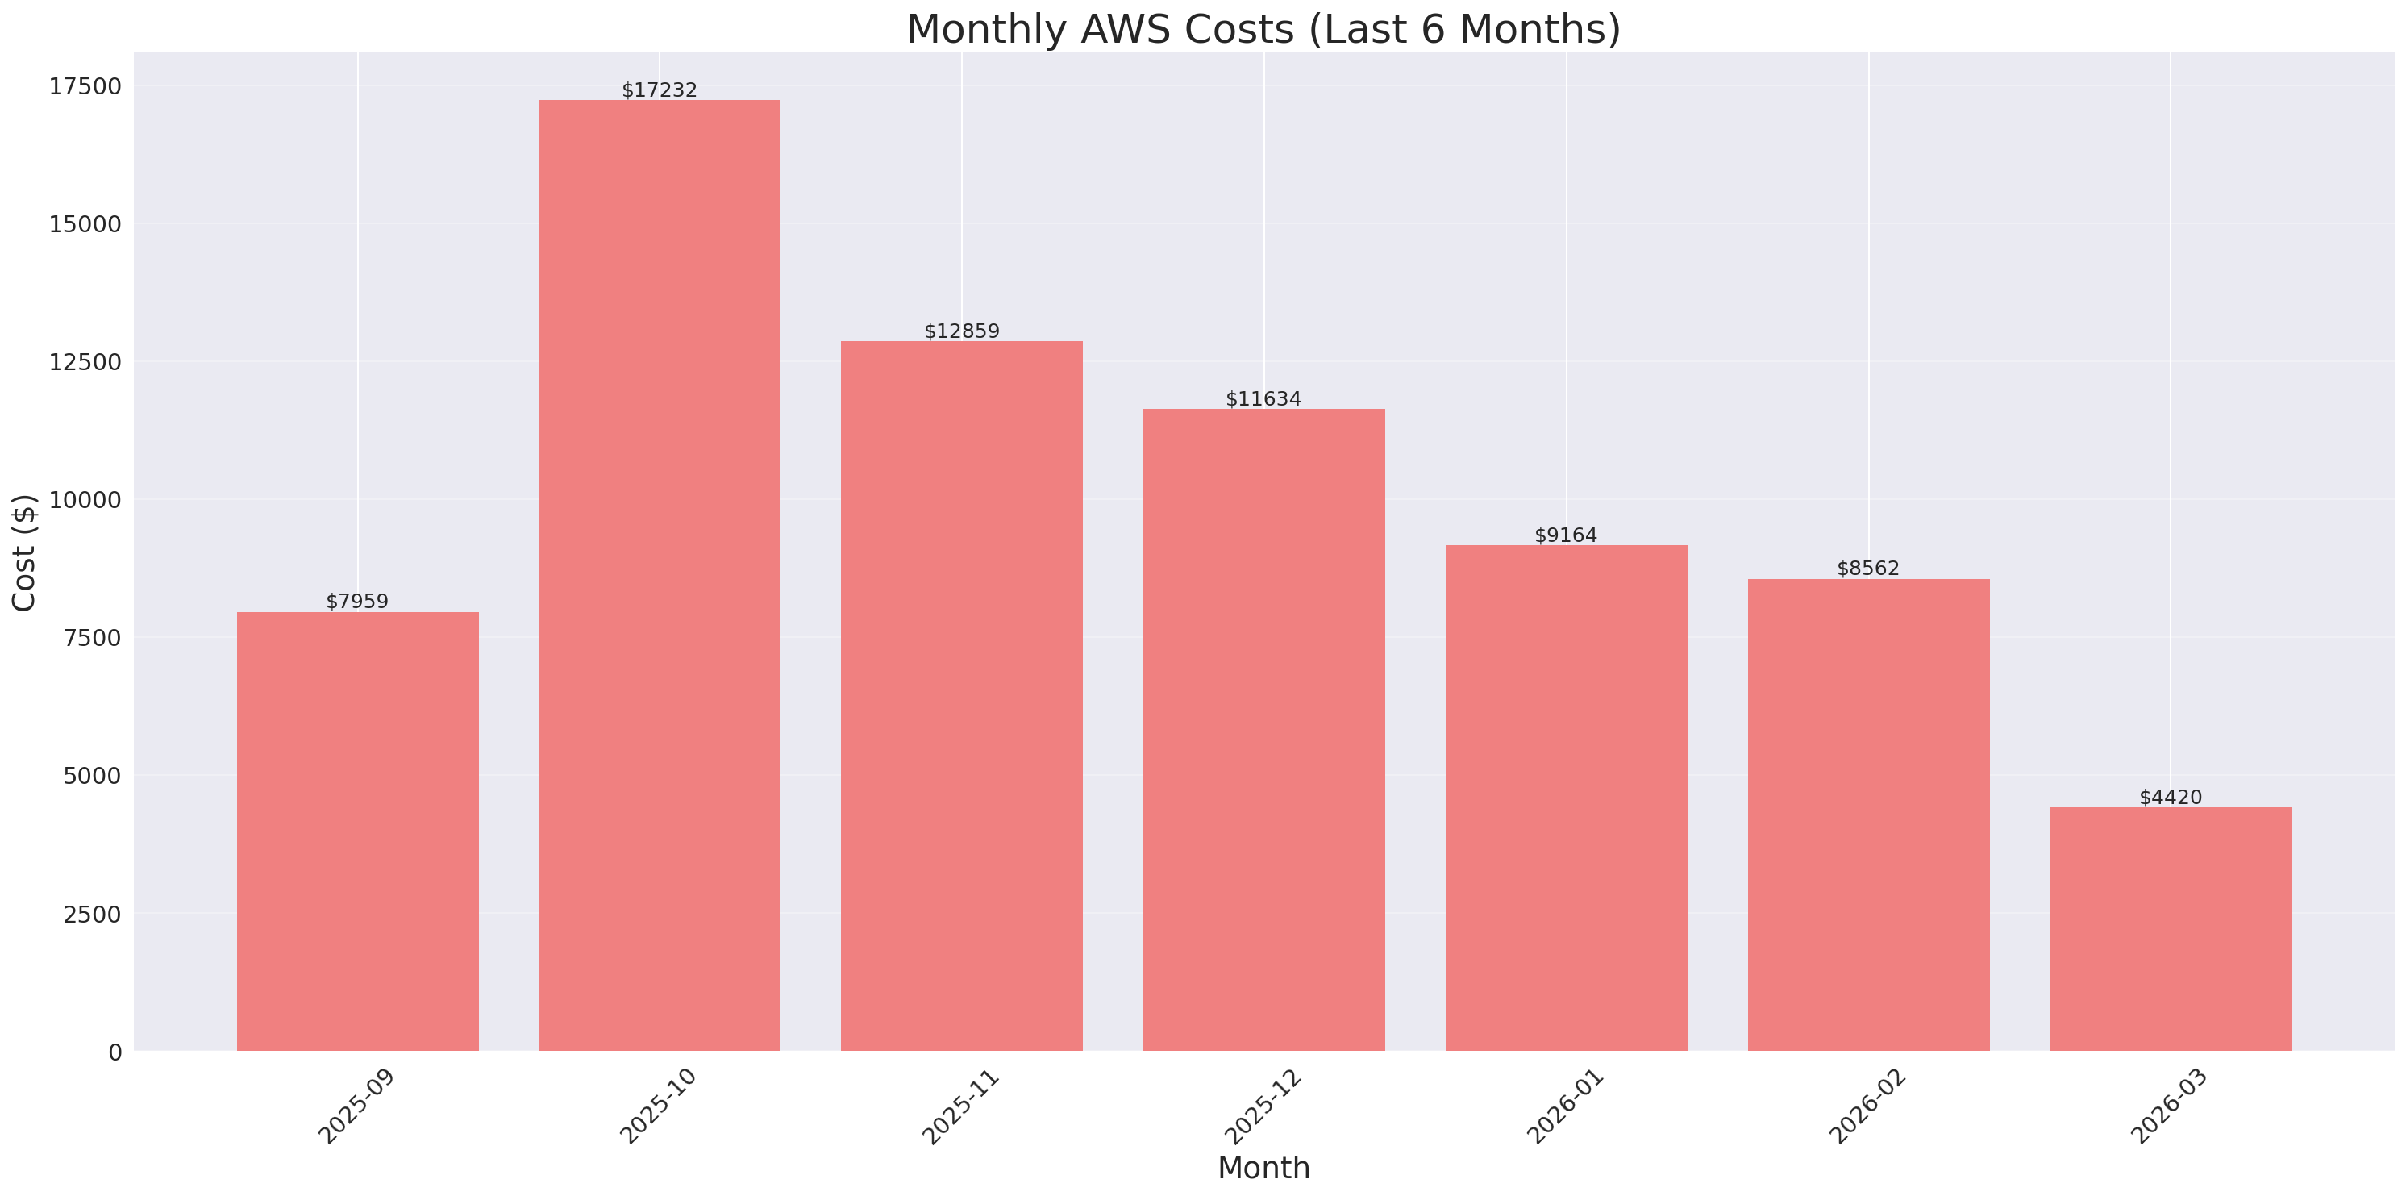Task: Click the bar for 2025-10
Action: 660,575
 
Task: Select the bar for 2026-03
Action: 2170,929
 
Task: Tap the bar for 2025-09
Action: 358,831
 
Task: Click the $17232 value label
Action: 660,90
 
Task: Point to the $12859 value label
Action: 961,331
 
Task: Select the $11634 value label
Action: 1263,399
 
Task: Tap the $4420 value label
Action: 2170,797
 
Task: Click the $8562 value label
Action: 1868,568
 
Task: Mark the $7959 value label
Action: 358,601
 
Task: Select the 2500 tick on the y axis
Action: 92,914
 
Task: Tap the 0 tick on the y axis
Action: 114,1052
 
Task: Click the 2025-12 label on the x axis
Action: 1263,1106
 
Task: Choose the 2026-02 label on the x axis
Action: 1867,1106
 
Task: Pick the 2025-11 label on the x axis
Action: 960,1106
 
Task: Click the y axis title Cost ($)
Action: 24,552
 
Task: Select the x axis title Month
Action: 1263,1168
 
